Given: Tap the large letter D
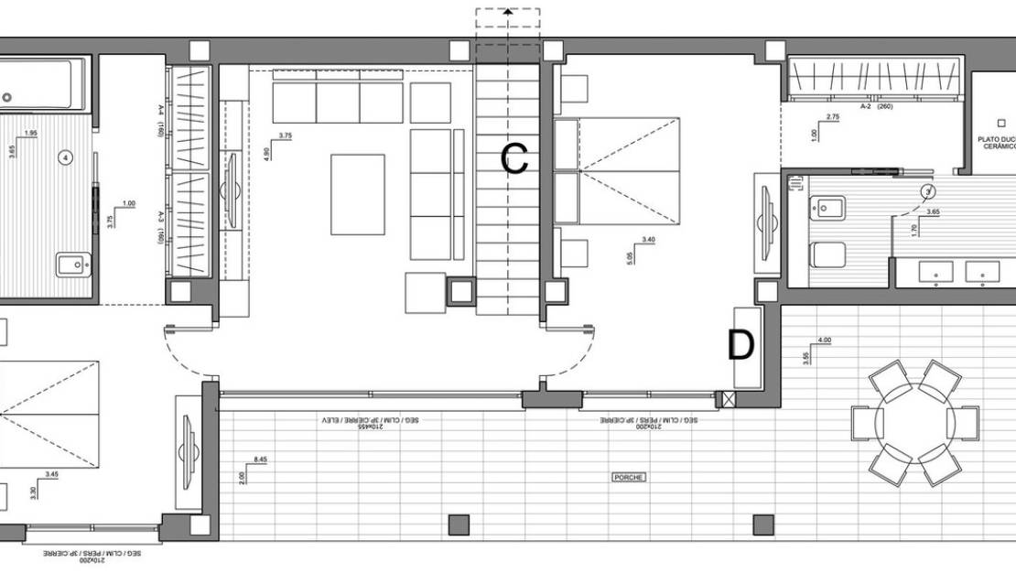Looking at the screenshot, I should coord(740,346).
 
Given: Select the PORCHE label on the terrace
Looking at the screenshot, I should coord(629,478).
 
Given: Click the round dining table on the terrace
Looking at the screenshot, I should coord(914,423).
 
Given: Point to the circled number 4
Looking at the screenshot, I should coord(65,157).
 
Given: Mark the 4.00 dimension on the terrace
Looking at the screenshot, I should coord(824,341).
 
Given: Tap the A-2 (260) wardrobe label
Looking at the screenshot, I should coord(876,106).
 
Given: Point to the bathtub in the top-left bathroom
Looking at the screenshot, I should coord(41,85).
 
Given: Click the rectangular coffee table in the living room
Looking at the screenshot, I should coord(358,193).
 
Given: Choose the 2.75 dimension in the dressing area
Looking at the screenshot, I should coord(832,117).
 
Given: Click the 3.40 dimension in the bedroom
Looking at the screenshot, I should coord(649,240).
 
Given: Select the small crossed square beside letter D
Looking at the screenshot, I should coord(728,398).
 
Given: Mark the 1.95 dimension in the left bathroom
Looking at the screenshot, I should coord(30,134).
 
